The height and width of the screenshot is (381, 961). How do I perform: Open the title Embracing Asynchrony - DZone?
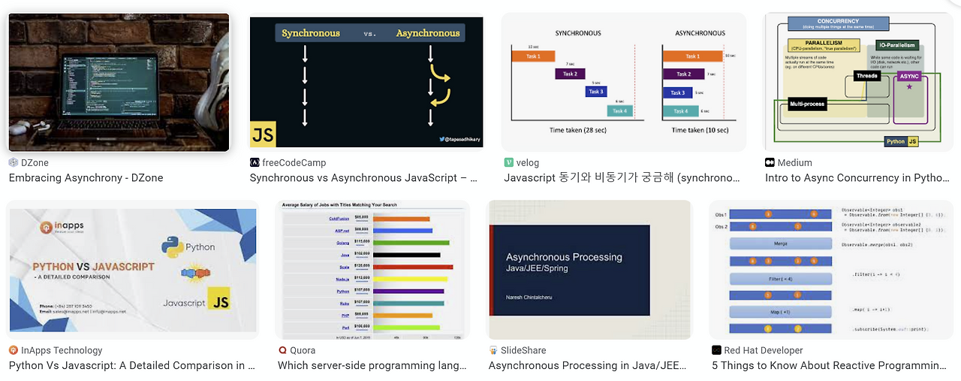pos(86,178)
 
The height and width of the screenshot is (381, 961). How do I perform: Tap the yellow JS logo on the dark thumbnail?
pos(263,134)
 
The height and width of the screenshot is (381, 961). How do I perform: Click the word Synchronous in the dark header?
pos(311,33)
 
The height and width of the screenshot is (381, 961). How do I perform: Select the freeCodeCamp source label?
pos(294,162)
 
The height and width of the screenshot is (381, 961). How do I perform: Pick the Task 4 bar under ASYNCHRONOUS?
pos(682,111)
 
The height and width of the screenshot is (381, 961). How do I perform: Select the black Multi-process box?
pos(807,104)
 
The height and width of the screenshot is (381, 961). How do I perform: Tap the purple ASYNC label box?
pos(908,76)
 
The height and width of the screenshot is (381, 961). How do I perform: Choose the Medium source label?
pos(794,162)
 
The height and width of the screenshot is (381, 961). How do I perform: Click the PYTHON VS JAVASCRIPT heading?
pos(93,267)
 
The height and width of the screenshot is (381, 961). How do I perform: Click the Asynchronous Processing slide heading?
pos(564,257)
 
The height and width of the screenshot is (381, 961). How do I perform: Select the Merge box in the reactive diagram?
pos(780,244)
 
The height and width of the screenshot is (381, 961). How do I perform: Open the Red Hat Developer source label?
pos(763,350)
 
